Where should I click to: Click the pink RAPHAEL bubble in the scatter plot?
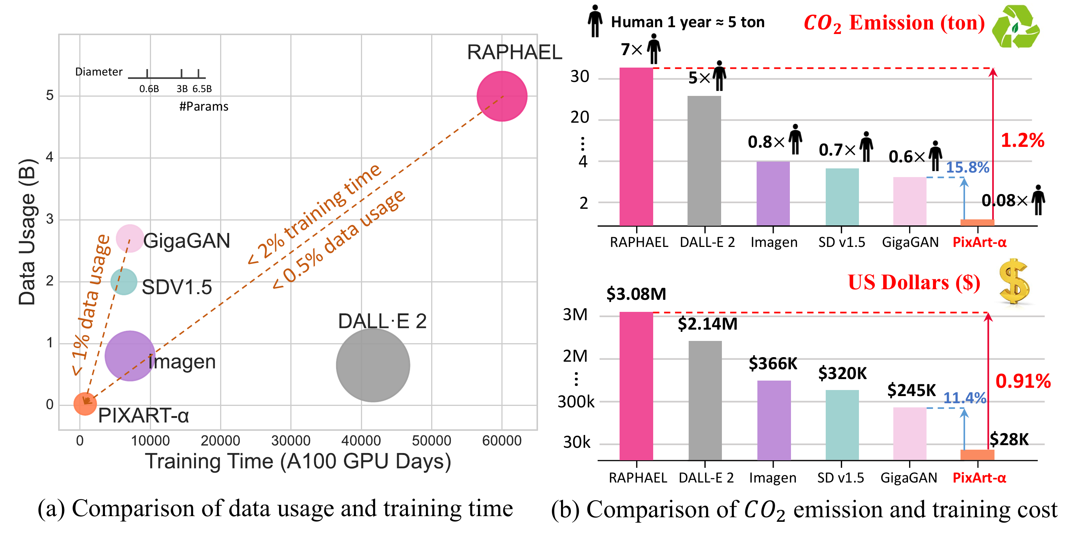click(x=502, y=96)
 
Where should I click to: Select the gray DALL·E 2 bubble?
click(x=373, y=365)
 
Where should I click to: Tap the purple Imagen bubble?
click(x=130, y=356)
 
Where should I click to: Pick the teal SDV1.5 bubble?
click(x=124, y=282)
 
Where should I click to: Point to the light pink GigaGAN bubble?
click(x=130, y=238)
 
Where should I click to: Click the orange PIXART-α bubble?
click(x=85, y=404)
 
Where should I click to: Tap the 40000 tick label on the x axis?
click(x=361, y=440)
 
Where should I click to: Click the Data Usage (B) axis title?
click(x=28, y=232)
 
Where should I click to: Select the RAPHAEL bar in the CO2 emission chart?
click(x=636, y=146)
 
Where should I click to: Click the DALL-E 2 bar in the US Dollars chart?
click(x=705, y=401)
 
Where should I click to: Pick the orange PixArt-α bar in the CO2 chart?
click(x=977, y=223)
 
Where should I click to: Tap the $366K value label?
click(x=772, y=364)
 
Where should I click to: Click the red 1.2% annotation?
click(x=1022, y=140)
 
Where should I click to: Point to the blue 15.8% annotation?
click(x=967, y=167)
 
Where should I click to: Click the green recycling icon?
click(x=1016, y=26)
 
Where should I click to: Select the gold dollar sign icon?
click(x=1014, y=281)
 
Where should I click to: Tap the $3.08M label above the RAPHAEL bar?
click(x=636, y=294)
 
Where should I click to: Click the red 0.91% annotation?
click(x=1023, y=381)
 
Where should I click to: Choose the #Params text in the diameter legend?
click(x=204, y=107)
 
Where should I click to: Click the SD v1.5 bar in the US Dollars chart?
click(x=842, y=425)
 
